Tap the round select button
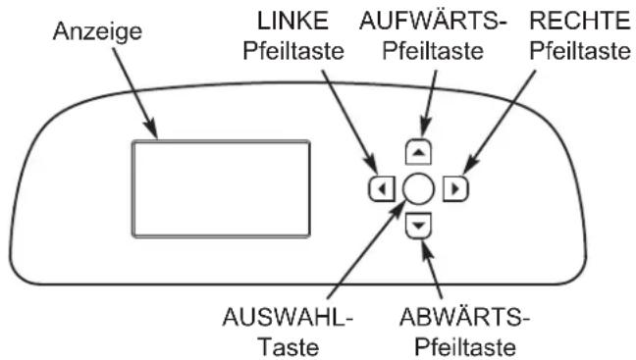point(418,185)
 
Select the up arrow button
point(418,150)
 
